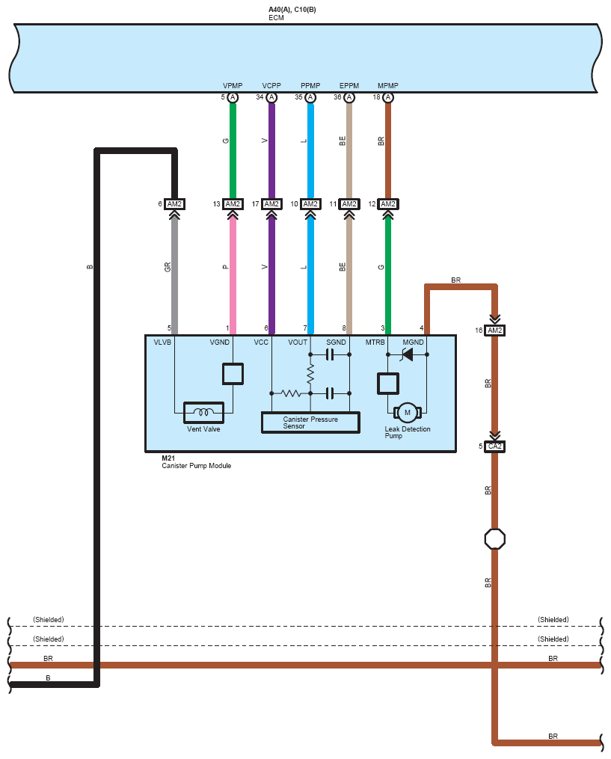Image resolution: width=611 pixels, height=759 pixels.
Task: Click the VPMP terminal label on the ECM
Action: tap(233, 86)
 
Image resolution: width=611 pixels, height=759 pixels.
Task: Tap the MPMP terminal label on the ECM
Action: tap(388, 86)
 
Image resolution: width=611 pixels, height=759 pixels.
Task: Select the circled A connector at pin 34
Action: tap(271, 97)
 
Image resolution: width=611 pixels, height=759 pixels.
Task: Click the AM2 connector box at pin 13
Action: tap(233, 204)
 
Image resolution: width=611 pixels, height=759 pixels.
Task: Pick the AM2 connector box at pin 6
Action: tap(174, 204)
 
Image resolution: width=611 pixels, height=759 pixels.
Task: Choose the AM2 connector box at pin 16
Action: tap(495, 330)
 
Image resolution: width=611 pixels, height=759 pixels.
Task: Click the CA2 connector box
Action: tap(495, 446)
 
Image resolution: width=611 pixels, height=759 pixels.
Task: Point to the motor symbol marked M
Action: tap(407, 413)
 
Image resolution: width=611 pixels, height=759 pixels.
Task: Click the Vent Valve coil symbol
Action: tap(204, 413)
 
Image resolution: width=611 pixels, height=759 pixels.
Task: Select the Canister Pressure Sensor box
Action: tap(310, 422)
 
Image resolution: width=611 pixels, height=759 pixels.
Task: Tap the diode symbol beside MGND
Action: tap(408, 354)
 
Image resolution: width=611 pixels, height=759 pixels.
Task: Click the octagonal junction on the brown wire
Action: tap(495, 538)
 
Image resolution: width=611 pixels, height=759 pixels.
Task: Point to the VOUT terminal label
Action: tap(298, 342)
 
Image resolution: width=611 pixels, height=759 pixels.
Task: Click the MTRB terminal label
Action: tap(375, 342)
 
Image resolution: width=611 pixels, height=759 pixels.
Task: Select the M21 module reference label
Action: tap(168, 458)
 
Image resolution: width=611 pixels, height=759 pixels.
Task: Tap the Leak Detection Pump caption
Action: tap(407, 432)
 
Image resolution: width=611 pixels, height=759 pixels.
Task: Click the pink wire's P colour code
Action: tap(226, 267)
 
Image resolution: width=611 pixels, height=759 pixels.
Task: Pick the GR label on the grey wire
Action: tap(168, 267)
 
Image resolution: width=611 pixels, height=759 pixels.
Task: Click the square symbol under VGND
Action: tap(233, 374)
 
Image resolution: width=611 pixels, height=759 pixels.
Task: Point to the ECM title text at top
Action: tap(276, 18)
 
